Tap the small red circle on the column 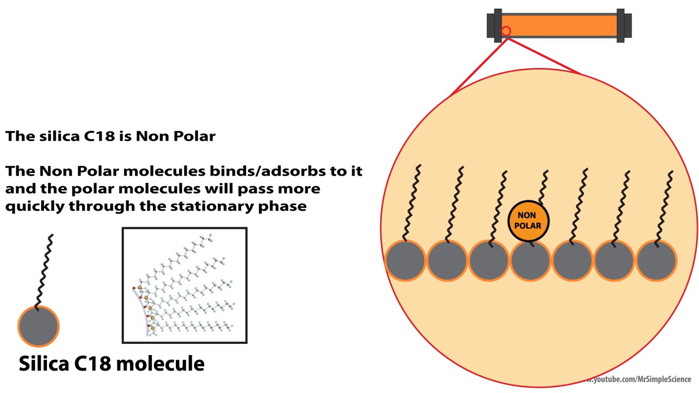point(506,32)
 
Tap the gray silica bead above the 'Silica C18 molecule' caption point(38,326)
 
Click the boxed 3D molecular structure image point(185,285)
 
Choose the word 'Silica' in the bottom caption point(45,364)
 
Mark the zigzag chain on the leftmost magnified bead point(412,202)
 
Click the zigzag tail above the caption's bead point(45,270)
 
